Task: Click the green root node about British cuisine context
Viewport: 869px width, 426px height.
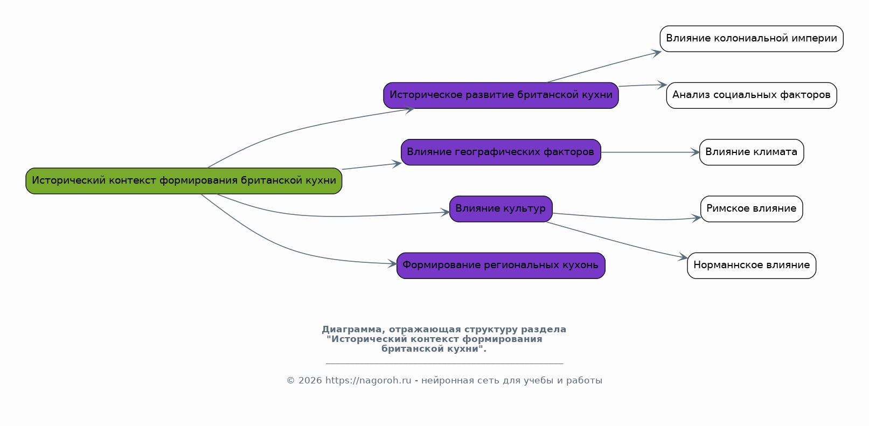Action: (x=184, y=181)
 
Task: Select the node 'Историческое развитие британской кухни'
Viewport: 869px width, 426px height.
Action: (x=500, y=95)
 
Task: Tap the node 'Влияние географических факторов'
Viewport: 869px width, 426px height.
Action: (x=500, y=152)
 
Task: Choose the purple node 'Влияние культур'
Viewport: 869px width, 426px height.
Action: (x=500, y=209)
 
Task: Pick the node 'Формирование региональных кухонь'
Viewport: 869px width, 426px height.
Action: (x=500, y=266)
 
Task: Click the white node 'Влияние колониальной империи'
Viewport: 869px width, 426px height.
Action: (x=751, y=39)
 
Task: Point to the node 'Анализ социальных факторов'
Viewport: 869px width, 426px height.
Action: (x=751, y=95)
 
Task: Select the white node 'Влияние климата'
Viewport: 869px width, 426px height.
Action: (x=751, y=152)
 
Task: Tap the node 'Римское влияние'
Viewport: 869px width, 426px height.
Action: (x=751, y=209)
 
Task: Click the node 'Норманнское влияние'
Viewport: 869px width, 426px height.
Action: (x=751, y=266)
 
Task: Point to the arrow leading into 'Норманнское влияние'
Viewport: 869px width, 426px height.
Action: (x=620, y=241)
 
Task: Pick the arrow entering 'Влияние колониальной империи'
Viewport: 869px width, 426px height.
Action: (x=603, y=67)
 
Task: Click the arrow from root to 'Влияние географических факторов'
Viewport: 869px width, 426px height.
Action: (x=372, y=166)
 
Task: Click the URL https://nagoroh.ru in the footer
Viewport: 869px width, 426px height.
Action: (x=368, y=381)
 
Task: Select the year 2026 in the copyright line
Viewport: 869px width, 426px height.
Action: (x=310, y=381)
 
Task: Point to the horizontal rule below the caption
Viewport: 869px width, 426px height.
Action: (x=444, y=364)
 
